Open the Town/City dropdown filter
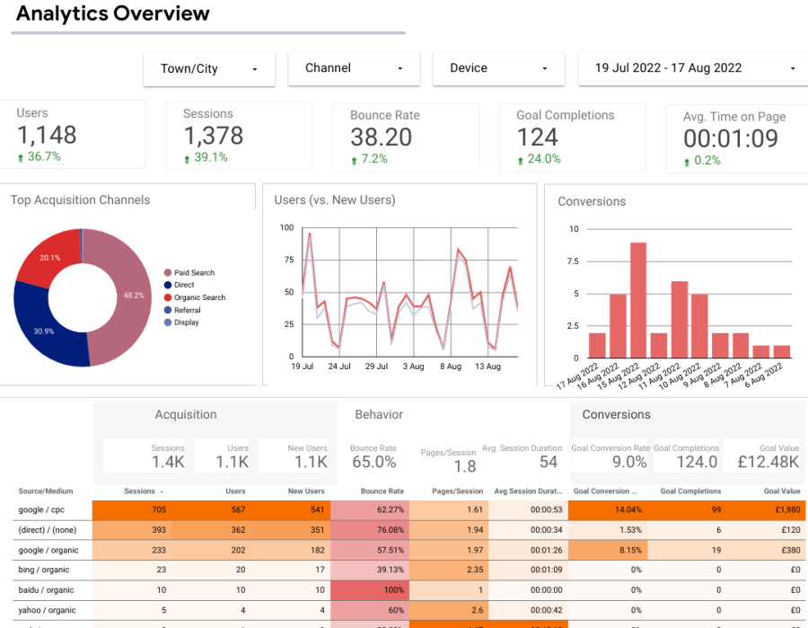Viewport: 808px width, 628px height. [209, 69]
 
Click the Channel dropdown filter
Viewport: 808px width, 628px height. [354, 68]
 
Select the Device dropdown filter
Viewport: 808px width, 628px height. [498, 68]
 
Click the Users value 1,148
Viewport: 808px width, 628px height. [47, 136]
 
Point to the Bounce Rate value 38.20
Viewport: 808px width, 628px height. [382, 137]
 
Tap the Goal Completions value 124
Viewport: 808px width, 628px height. [538, 137]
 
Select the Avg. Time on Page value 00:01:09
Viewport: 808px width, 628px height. [730, 138]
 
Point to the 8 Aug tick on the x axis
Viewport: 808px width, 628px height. [450, 367]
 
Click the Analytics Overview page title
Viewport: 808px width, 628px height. [113, 13]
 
